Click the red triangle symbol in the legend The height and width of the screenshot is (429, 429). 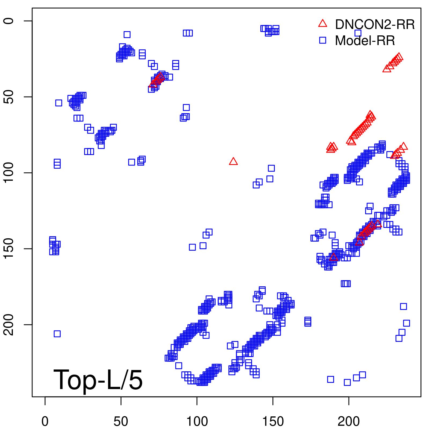pos(323,24)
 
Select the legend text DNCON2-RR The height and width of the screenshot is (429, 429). pos(375,24)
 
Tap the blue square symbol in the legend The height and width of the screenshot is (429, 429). pos(323,40)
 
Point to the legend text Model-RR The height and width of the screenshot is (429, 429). pos(365,41)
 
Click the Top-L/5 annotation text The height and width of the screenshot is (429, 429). pos(98,380)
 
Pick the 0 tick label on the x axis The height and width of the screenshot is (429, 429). pos(45,421)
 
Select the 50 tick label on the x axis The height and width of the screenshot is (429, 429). pos(121,421)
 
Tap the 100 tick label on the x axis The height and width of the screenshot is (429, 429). pos(197,421)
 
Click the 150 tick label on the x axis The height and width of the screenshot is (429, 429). pos(273,421)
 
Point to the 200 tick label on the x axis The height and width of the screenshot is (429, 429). pos(349,421)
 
